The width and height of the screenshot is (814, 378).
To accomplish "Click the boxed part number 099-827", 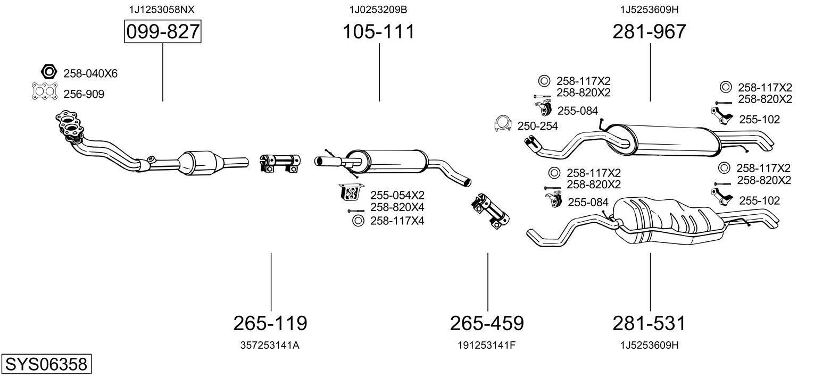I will (162, 32).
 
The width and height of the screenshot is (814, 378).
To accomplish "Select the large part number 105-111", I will (378, 32).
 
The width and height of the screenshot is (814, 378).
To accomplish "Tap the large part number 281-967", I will (649, 32).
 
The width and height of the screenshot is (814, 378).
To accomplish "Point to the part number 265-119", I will (270, 323).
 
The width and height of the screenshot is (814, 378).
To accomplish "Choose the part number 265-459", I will (487, 323).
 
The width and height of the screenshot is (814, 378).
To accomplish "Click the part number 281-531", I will (649, 323).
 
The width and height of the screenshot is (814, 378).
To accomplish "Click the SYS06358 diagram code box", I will (46, 364).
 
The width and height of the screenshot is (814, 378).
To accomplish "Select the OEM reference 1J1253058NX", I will (158, 10).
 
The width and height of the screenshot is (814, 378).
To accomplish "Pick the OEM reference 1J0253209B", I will (378, 10).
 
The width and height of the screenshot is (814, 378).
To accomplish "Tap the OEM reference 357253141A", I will (270, 345).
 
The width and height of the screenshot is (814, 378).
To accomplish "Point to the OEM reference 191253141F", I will (487, 345).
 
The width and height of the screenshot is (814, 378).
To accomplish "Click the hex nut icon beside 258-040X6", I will (48, 71).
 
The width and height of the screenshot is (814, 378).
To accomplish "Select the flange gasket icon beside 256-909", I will (45, 93).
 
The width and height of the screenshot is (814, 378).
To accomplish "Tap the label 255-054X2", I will (397, 195).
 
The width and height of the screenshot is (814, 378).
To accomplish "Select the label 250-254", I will (538, 125).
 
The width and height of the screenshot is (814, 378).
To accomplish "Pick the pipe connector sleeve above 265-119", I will (280, 162).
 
